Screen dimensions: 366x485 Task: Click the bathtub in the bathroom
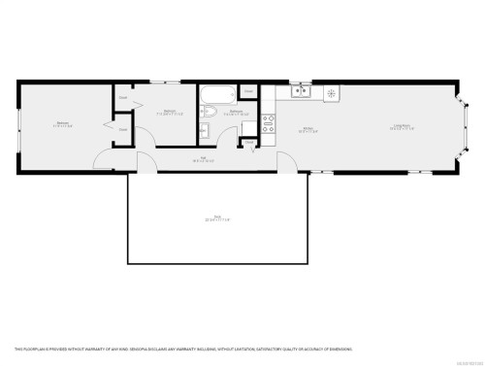tap(216, 96)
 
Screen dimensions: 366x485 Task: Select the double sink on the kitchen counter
tap(300, 93)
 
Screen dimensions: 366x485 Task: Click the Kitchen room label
tap(307, 128)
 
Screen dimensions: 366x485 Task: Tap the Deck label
tap(210, 219)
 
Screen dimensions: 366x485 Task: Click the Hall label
tap(204, 158)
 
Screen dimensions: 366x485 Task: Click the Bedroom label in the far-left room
tap(62, 124)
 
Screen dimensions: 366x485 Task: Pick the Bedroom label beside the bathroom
tap(169, 112)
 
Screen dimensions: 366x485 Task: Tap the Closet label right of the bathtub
tap(248, 91)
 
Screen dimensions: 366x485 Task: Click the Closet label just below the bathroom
tap(249, 142)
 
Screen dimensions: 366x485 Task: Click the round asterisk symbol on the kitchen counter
tap(332, 93)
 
